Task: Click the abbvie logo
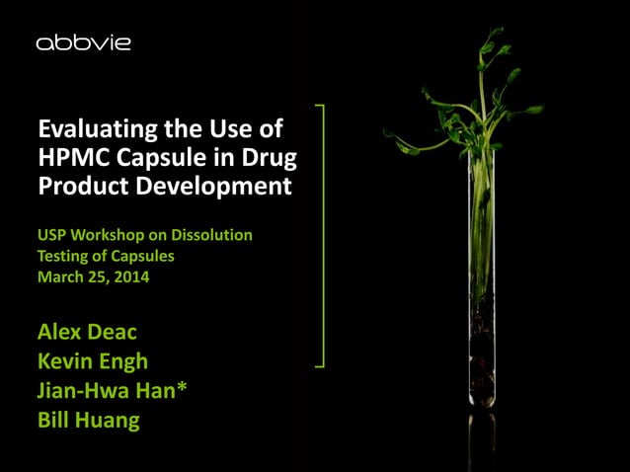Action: (83, 43)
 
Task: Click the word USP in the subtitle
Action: (53, 235)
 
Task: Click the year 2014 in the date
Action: (129, 277)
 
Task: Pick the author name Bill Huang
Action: (88, 420)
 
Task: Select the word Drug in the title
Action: (268, 158)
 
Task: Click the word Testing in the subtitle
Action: (69, 256)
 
